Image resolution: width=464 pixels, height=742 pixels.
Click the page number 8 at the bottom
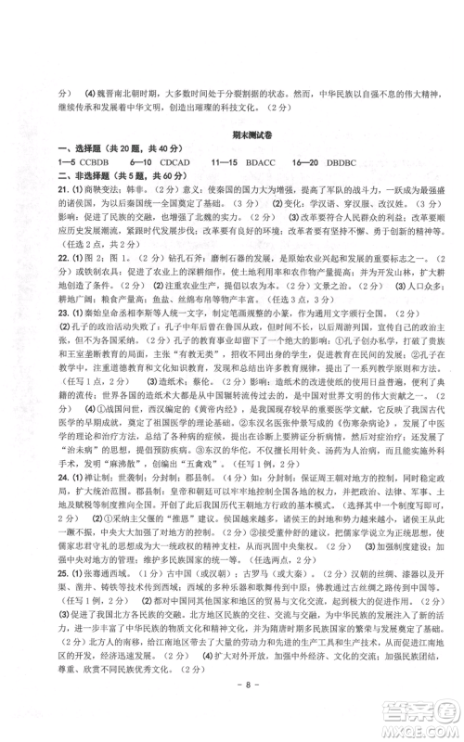tap(232, 710)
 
